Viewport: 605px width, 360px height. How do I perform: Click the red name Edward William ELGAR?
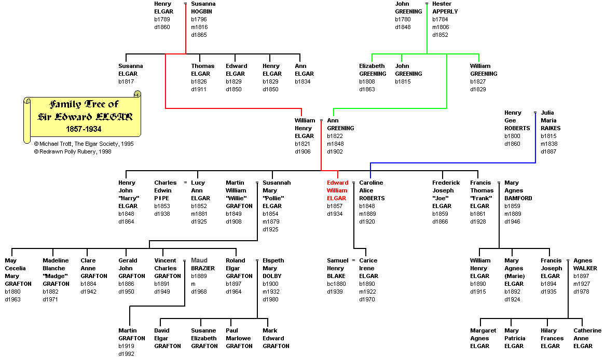[337, 190]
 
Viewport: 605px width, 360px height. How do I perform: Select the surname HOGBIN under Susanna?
[201, 11]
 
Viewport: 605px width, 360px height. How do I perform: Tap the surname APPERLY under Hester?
[445, 11]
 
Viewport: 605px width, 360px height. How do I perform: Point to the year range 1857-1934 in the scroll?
[84, 128]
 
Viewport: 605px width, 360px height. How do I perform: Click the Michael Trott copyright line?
[84, 144]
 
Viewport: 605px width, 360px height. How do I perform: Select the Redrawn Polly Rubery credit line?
[73, 151]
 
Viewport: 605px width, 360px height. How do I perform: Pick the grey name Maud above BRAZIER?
[199, 260]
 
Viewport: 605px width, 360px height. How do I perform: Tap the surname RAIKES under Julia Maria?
[551, 128]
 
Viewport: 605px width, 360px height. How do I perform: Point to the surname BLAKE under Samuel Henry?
[336, 276]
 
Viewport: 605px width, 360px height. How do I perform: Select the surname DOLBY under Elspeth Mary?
[272, 276]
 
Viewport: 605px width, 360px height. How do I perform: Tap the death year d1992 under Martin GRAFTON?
[127, 354]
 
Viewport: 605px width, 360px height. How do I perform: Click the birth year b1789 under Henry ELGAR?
[162, 19]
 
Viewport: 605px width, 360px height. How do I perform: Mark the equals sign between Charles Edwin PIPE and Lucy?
[185, 183]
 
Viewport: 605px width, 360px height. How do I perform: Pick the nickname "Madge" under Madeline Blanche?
[55, 276]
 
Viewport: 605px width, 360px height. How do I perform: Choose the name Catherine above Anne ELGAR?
[587, 330]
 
